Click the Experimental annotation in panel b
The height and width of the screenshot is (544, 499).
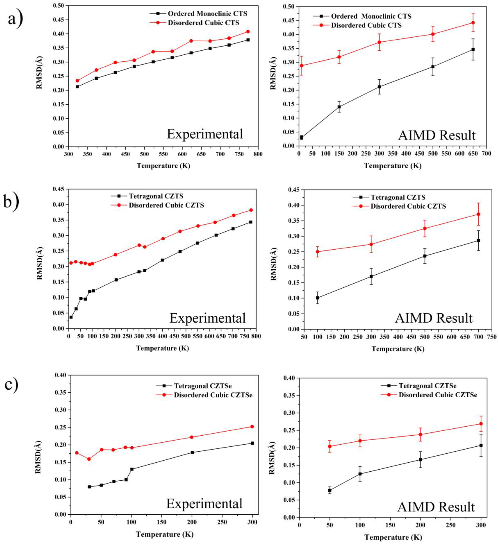pos(207,318)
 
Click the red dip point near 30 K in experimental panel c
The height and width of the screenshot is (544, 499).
pos(89,459)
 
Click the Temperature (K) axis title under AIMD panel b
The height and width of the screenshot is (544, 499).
pos(398,349)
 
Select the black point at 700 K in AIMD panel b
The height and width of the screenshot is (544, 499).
pos(478,240)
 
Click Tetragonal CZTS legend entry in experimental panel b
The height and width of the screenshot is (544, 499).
pos(158,196)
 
